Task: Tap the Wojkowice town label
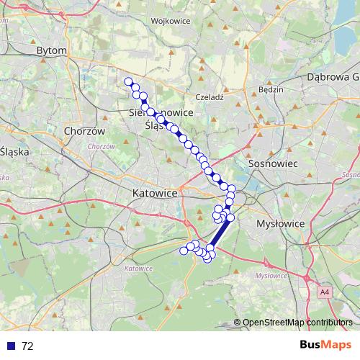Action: coord(171,21)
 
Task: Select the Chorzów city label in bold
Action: coord(85,132)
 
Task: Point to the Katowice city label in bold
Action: coord(155,194)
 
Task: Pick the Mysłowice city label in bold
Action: coord(281,224)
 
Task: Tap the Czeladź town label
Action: coord(211,96)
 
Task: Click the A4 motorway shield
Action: coord(325,292)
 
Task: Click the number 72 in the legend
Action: coord(27,346)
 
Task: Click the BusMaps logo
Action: coord(327,346)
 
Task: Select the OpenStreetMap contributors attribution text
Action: coord(297,323)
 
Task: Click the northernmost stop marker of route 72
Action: coord(128,81)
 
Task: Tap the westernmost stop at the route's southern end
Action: coord(183,251)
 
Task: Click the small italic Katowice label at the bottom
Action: coord(139,269)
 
